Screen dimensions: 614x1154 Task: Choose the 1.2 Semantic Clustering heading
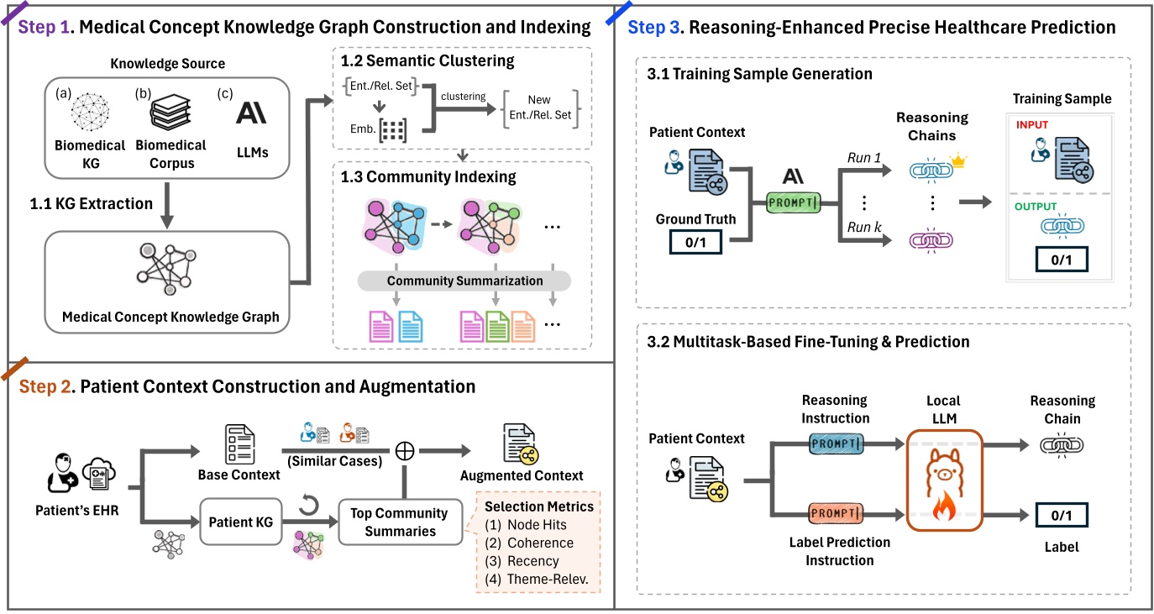(427, 60)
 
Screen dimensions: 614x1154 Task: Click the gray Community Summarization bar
(464, 281)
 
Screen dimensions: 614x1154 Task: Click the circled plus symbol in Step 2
(406, 451)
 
